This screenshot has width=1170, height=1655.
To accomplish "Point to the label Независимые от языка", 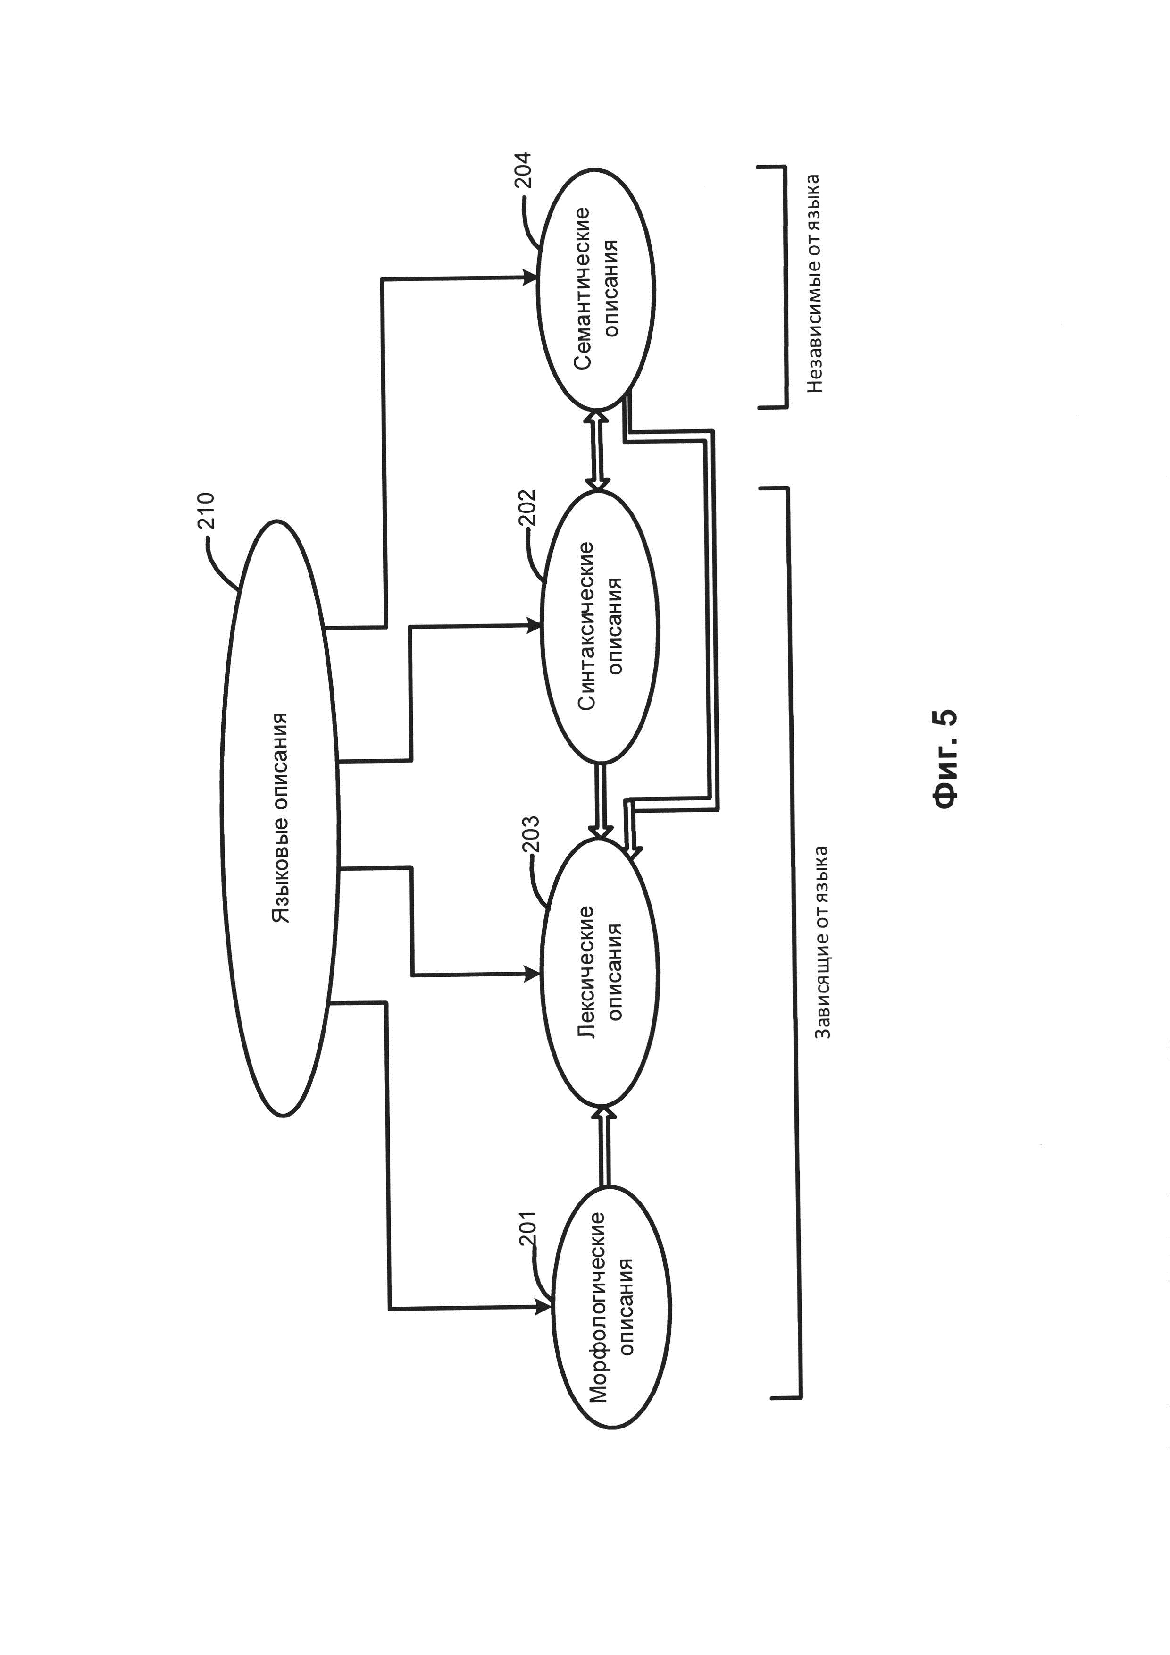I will point(814,283).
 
